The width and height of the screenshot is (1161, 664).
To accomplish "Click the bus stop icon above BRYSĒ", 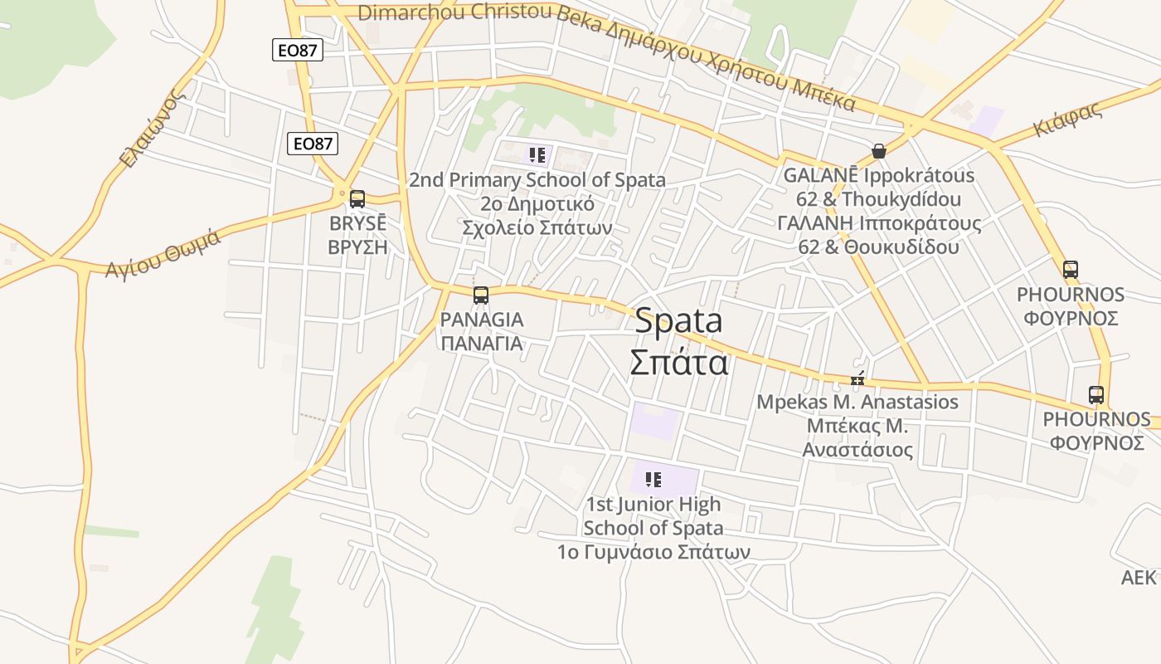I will [357, 199].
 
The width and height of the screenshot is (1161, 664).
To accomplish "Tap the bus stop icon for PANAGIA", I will [481, 295].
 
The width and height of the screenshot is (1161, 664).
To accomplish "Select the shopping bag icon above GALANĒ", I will [879, 151].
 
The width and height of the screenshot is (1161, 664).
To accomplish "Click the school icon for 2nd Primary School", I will [537, 154].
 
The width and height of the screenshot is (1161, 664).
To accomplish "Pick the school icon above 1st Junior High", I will [653, 479].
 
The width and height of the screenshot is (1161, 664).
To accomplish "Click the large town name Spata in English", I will [678, 321].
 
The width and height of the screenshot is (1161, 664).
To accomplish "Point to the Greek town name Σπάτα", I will [678, 363].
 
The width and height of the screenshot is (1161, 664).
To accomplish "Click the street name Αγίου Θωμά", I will [163, 252].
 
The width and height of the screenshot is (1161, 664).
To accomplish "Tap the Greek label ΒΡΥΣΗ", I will [357, 247].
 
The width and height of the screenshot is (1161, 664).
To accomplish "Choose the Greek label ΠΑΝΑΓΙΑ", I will [481, 344].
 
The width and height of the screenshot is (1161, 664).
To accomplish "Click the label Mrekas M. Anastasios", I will [857, 403].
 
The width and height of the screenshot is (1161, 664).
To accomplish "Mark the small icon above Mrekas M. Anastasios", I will [857, 380].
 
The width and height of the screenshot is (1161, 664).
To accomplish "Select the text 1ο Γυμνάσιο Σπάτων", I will [653, 552].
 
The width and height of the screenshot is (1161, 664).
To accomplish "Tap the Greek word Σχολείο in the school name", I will [495, 227].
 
